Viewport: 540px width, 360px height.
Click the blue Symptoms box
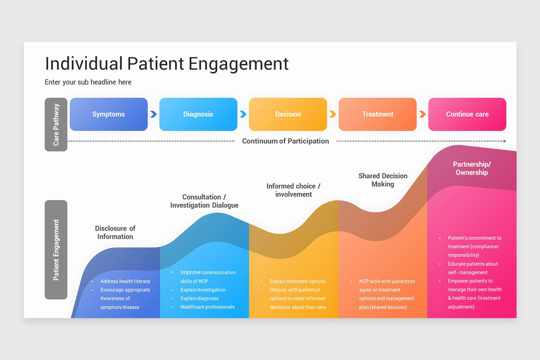pos(108,114)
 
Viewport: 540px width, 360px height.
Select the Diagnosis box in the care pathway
pos(198,114)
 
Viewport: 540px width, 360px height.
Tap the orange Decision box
pos(288,114)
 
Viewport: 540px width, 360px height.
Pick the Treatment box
pos(378,114)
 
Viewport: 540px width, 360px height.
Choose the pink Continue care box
pos(467,114)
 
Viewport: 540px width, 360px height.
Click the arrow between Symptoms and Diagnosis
pos(153,114)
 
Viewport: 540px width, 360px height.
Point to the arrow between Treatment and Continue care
pos(422,114)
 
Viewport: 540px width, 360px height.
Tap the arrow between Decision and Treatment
pos(333,114)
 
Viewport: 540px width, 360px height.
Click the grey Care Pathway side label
pos(56,124)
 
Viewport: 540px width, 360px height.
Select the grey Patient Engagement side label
pos(56,250)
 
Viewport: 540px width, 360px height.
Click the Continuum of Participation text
pos(285,141)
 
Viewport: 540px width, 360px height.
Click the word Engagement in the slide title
pos(238,63)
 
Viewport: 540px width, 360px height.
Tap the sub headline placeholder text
pos(88,82)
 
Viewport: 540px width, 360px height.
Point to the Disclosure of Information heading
pos(115,232)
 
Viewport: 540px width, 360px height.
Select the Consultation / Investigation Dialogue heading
pos(204,201)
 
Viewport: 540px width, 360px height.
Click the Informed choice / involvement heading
pos(293,190)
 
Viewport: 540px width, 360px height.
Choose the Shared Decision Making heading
pos(383,180)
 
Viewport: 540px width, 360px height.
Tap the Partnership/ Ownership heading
pos(472,168)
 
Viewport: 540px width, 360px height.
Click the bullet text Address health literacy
pos(125,281)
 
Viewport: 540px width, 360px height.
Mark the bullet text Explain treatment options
pos(297,281)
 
